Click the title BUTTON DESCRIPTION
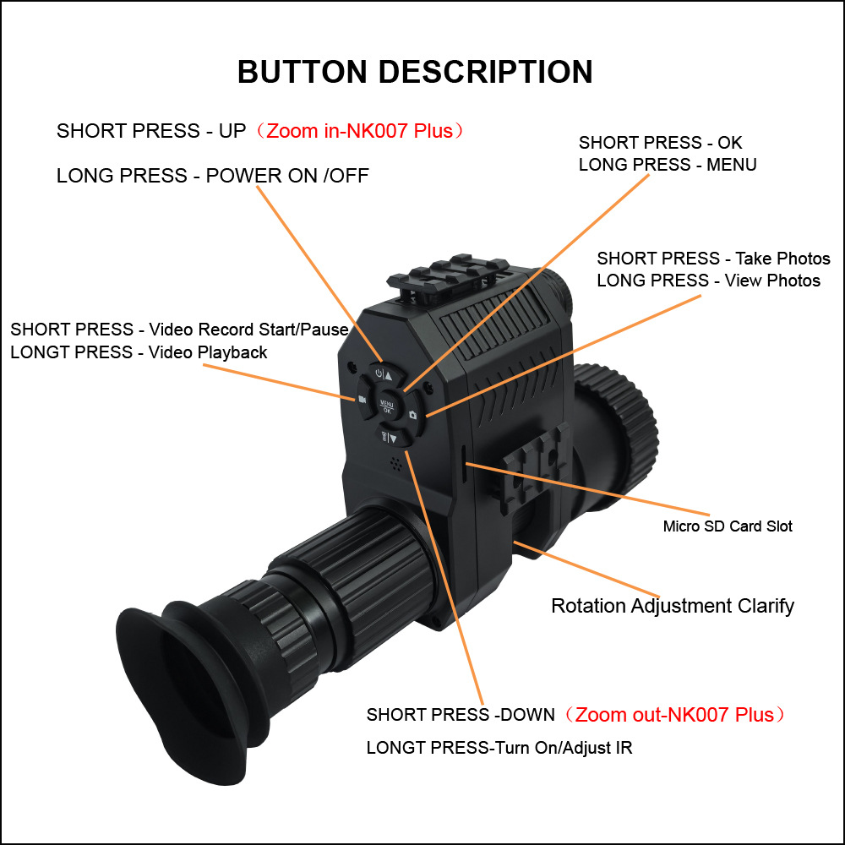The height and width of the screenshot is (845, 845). [x=415, y=72]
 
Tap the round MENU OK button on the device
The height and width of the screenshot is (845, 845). [x=386, y=404]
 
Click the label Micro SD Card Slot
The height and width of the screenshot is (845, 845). [x=728, y=526]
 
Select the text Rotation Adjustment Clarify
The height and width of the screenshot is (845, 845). [x=673, y=606]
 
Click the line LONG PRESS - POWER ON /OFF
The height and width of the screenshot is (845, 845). [x=213, y=176]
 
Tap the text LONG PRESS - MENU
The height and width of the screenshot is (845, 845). [x=668, y=165]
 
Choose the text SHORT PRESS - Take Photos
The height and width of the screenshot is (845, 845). [x=713, y=259]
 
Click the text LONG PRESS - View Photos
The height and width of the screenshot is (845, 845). [x=708, y=281]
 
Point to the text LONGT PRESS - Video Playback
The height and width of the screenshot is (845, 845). [x=139, y=352]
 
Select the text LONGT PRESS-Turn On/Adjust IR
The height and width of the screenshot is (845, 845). [x=499, y=748]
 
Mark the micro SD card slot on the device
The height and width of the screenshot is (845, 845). [x=465, y=461]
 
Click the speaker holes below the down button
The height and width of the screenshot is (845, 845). [x=394, y=463]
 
